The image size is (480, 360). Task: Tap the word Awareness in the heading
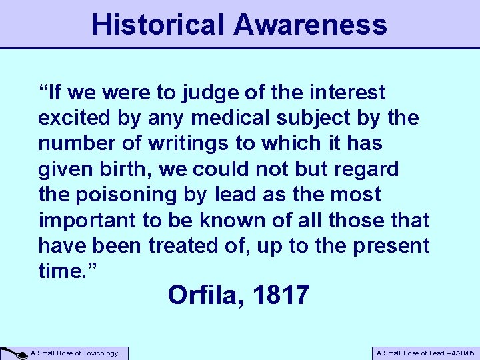click(x=310, y=25)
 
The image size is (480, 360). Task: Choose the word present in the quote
click(x=391, y=246)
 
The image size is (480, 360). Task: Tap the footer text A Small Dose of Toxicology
click(x=75, y=353)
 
